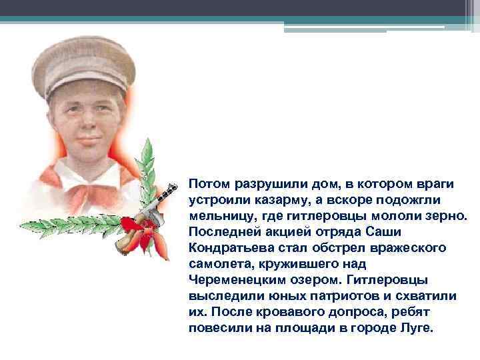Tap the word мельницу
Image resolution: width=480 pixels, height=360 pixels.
[x=218, y=217]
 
